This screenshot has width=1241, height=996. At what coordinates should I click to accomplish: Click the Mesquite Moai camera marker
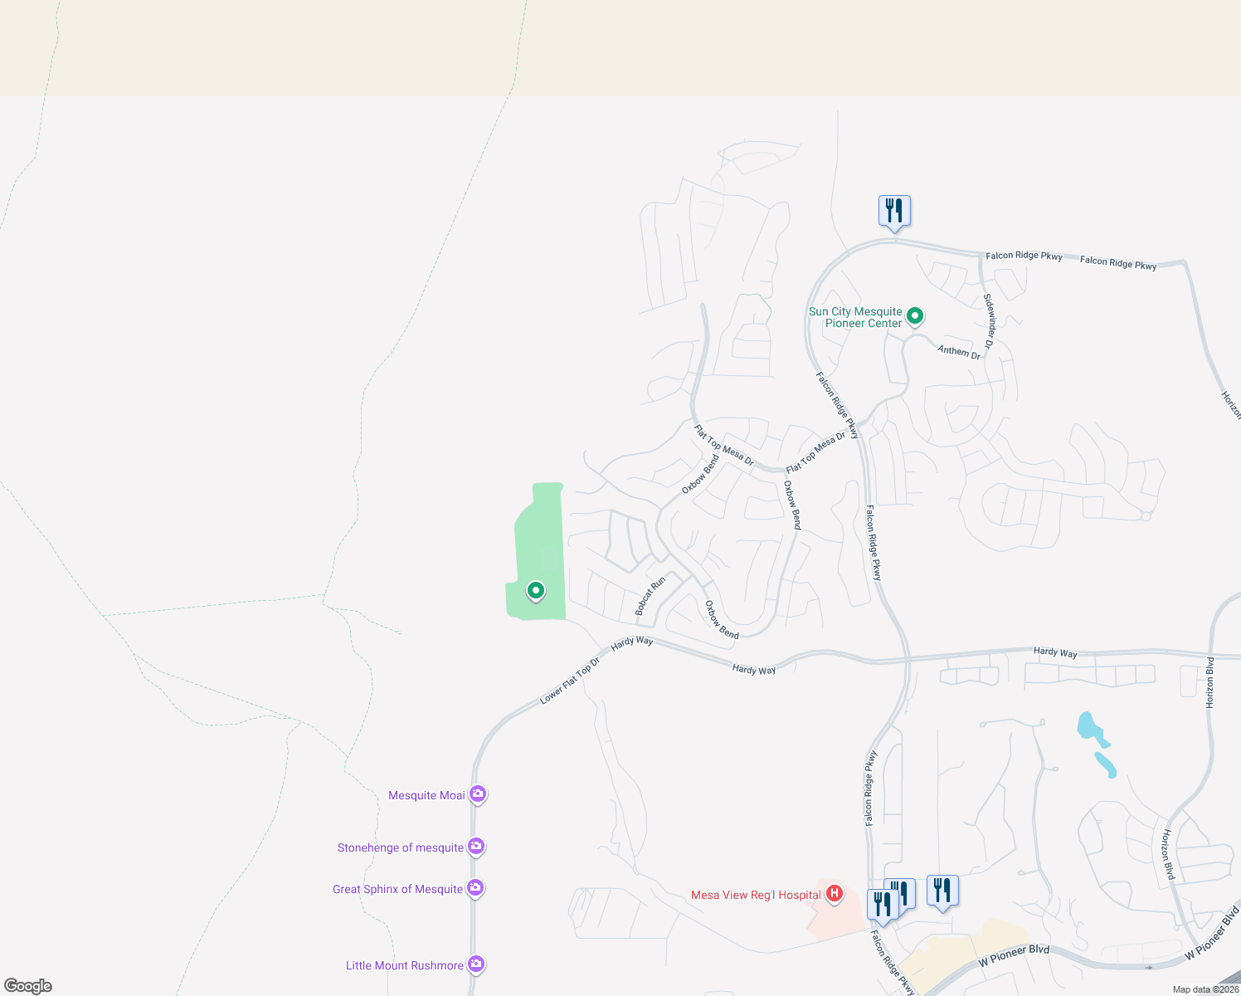coord(477,794)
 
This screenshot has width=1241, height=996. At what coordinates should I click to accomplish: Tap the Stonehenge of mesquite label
coord(400,847)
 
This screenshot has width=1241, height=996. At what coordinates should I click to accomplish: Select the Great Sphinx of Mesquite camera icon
coord(474,887)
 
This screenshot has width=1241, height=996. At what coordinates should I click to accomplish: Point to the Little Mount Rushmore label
coord(404,965)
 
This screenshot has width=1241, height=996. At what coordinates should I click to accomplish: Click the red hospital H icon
coord(835,894)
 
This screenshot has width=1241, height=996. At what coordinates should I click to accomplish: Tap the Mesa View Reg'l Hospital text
coord(756,895)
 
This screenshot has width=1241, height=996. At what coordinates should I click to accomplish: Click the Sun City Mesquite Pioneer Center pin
coord(915,315)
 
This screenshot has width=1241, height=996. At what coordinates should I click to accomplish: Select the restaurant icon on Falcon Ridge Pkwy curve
coord(894,211)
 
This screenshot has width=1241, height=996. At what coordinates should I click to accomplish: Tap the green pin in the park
coord(536,590)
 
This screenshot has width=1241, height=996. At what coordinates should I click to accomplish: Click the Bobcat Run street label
coord(650,596)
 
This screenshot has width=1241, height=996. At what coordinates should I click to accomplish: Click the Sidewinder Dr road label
coord(989,320)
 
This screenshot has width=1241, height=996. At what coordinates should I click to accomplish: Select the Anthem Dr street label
coord(959,352)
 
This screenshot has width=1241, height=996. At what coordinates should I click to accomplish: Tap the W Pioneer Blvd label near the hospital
coord(1014,955)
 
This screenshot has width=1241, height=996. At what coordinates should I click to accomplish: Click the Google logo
coord(28,986)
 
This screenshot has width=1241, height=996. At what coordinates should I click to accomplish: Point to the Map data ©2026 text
coord(1205,989)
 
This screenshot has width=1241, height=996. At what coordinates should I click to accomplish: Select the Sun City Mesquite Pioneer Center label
coord(855,317)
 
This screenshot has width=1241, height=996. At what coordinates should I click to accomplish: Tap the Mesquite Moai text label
coord(426,795)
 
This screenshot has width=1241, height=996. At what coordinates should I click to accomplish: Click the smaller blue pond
coord(1106,764)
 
